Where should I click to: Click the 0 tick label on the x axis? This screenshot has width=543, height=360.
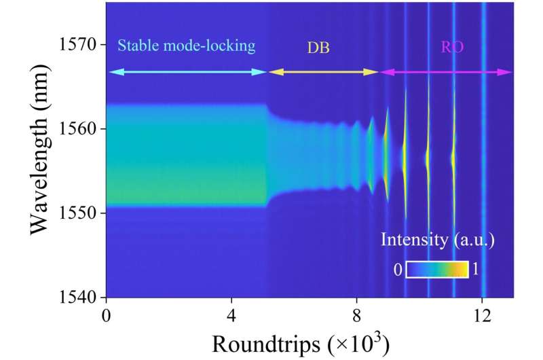point(106,316)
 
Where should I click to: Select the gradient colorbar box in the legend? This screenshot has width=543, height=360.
point(437,270)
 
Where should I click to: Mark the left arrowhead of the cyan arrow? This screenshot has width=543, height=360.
point(111,71)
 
